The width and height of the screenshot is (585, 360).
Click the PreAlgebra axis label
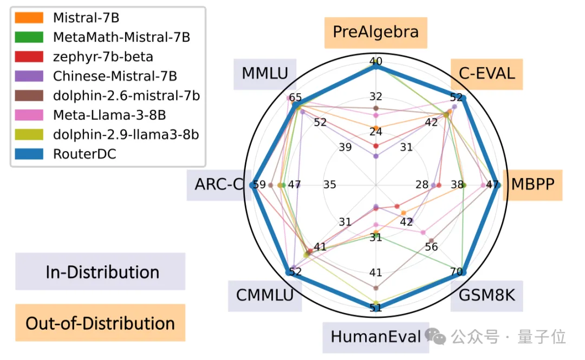click(x=375, y=32)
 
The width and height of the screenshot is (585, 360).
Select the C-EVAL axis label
click(x=486, y=73)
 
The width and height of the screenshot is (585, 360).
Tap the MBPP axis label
click(x=531, y=184)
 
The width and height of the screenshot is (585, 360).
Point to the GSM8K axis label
click(x=486, y=296)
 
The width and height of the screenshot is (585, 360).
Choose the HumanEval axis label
click(x=375, y=337)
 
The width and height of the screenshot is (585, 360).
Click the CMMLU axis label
click(x=264, y=296)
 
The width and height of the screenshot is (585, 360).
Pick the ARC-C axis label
click(x=218, y=184)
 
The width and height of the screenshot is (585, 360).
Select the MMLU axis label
click(x=265, y=73)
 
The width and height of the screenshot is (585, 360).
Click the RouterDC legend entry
click(x=84, y=154)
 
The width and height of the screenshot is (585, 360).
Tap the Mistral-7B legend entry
click(x=86, y=17)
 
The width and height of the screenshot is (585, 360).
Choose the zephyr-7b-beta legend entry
click(x=103, y=56)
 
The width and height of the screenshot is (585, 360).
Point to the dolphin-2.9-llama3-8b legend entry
click(x=126, y=134)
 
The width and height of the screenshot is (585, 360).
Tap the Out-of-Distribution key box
click(x=100, y=323)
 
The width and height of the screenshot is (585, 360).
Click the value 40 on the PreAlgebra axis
click(x=375, y=61)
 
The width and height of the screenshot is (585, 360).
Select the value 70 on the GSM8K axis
click(x=456, y=271)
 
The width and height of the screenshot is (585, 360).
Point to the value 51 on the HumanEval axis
click(x=375, y=308)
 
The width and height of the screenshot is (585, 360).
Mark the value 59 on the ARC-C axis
click(x=259, y=185)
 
